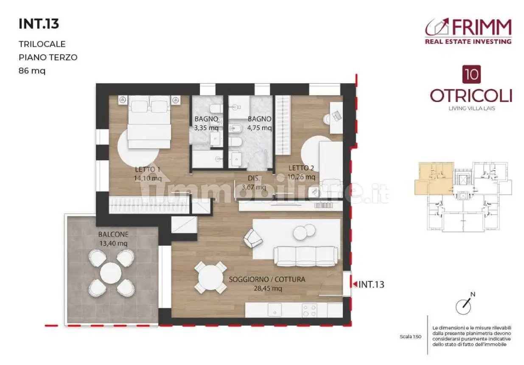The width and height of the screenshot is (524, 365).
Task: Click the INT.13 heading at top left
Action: [x=39, y=24]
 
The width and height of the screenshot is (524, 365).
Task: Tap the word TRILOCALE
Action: [x=42, y=44]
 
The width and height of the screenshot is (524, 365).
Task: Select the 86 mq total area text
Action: [x=32, y=71]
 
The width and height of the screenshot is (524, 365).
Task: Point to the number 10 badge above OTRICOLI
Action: [x=472, y=74]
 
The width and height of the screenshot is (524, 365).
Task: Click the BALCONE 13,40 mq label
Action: [x=113, y=239]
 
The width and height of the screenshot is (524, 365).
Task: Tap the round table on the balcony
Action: [x=111, y=273]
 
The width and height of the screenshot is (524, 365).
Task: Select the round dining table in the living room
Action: [x=211, y=277]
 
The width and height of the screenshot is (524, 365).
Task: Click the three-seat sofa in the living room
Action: [x=305, y=256]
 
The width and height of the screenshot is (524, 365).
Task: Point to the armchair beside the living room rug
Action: [x=252, y=238]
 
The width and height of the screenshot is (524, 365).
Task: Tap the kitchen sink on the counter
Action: [x=275, y=311]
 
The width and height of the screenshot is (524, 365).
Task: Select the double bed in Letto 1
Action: [x=149, y=122]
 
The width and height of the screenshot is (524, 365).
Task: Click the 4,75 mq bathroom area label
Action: [x=259, y=128]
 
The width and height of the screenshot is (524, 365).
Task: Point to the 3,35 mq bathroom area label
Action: [x=206, y=128]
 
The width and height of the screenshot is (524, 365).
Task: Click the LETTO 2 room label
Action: [x=301, y=168]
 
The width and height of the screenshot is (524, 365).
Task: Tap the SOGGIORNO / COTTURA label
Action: [x=267, y=279]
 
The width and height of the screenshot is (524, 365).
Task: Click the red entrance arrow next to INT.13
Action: [x=355, y=284]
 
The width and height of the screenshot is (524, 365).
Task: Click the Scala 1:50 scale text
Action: [x=410, y=337]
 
